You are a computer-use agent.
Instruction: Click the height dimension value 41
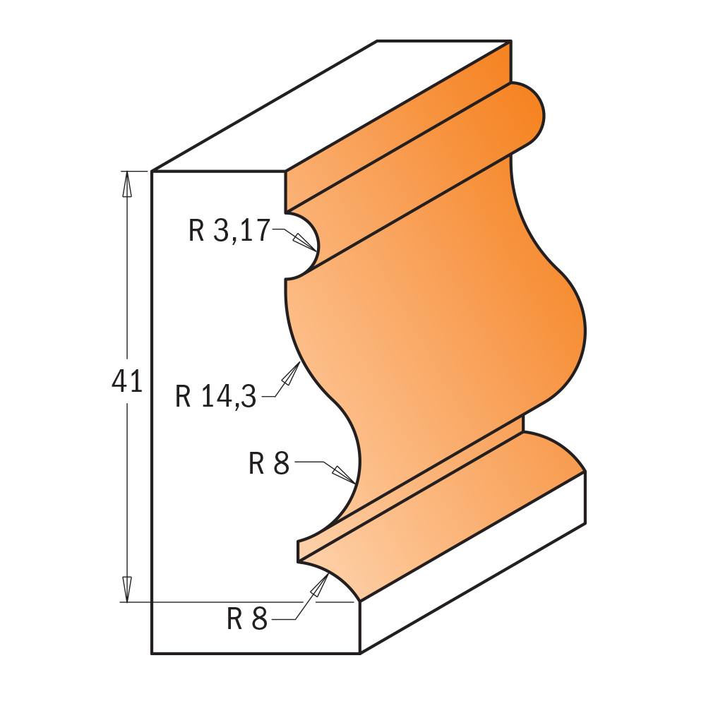point(127,382)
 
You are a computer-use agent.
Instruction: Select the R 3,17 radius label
point(229,231)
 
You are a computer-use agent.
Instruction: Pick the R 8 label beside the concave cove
point(269,464)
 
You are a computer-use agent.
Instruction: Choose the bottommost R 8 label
point(247,620)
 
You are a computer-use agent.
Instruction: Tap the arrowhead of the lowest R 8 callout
point(323,579)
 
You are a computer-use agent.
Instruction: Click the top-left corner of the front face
point(152,172)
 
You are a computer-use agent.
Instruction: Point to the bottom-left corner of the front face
point(152,654)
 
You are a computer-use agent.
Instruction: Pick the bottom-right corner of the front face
point(360,654)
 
